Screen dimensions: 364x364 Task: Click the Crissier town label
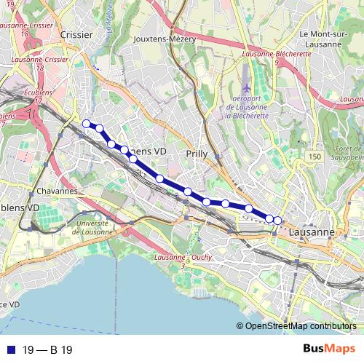[x=76, y=34]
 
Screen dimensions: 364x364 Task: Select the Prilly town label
[x=197, y=154]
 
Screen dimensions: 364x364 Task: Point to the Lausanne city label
[x=312, y=232]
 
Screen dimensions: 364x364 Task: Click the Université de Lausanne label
[x=92, y=227]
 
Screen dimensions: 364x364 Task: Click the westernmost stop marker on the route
[x=86, y=123]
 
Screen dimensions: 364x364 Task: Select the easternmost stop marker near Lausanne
[x=277, y=220]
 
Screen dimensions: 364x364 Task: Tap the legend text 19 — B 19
[x=47, y=350]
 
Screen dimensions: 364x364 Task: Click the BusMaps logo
[x=328, y=349]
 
